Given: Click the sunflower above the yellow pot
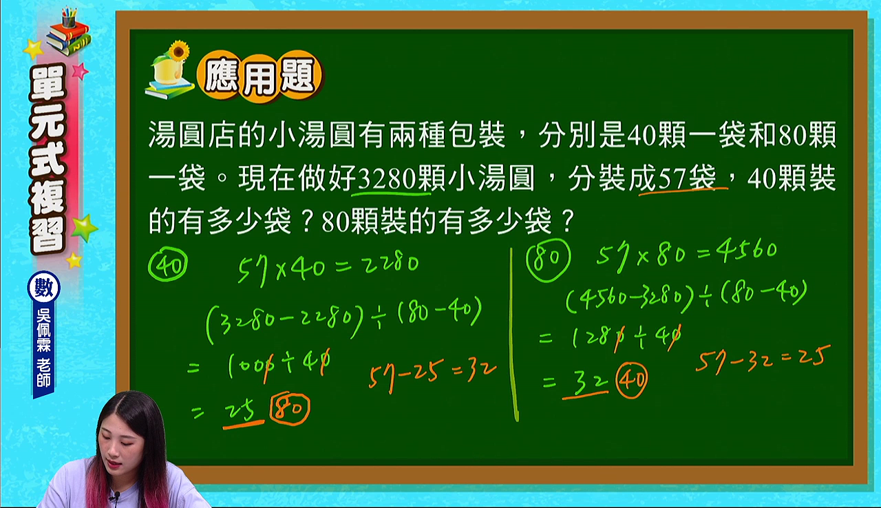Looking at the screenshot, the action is tap(178, 51).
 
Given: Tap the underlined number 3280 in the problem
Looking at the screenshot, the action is tap(387, 178).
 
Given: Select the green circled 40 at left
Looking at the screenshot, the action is tap(167, 264).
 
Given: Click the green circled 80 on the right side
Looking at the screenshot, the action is tap(548, 260).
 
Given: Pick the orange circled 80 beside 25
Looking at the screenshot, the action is tap(290, 408).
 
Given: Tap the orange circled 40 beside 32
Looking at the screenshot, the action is tap(631, 380).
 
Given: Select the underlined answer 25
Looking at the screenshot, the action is tap(241, 412).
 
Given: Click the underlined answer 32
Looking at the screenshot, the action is tap(586, 383).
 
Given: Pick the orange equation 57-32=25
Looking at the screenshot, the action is tap(763, 359).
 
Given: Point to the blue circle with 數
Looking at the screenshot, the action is tap(43, 288).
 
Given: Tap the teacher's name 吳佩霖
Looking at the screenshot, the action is tap(43, 330).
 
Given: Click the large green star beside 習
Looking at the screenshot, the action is tap(84, 227).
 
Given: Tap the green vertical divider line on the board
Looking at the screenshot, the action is tap(513, 335).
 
